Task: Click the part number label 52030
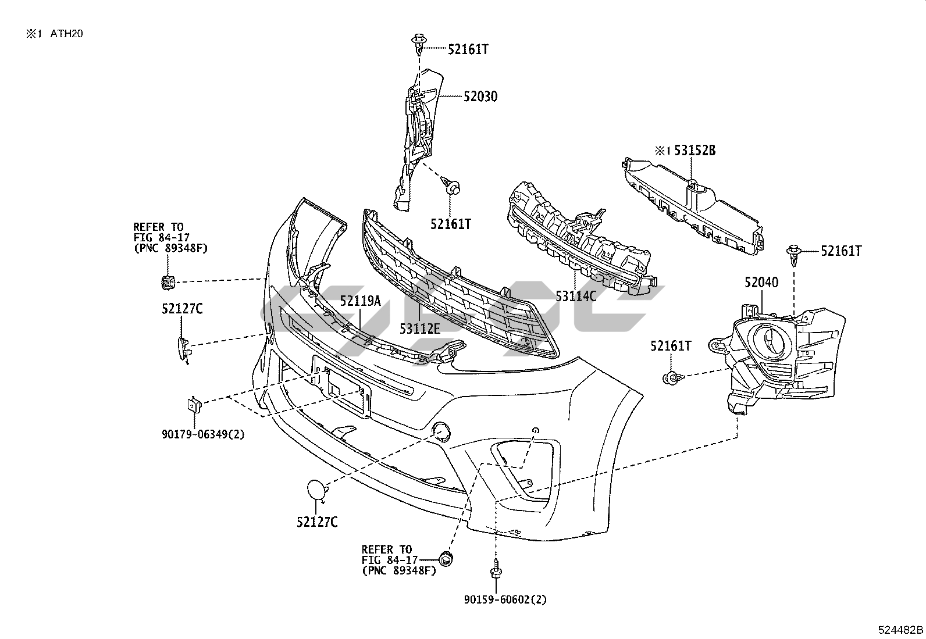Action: tap(480, 97)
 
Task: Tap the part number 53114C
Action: tap(576, 296)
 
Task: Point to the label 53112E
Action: tap(419, 329)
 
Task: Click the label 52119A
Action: tap(360, 301)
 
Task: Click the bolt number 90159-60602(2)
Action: tap(505, 599)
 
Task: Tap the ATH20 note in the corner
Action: tap(66, 34)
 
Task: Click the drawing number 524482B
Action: tap(900, 630)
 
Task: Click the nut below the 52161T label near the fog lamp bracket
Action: tap(670, 379)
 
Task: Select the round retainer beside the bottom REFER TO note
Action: tap(446, 559)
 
